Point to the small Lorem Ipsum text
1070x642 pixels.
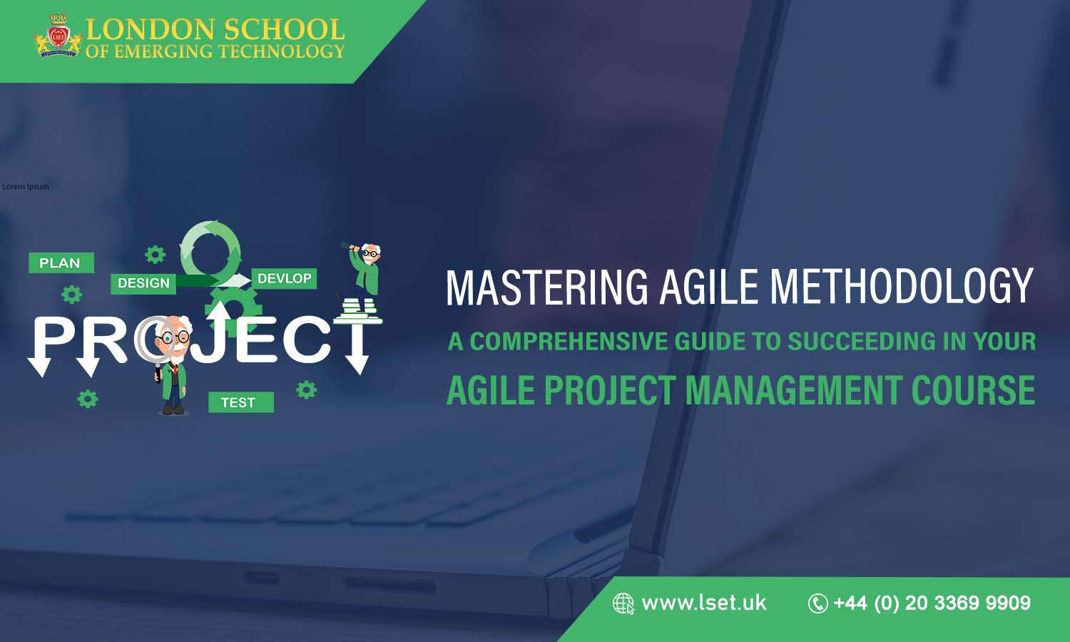pos(26,186)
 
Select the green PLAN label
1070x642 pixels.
pos(61,263)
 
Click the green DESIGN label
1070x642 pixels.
pos(143,283)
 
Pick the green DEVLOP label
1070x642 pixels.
pos(284,278)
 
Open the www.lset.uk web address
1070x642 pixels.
pos(703,603)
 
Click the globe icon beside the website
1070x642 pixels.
pos(623,603)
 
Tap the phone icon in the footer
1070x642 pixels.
pos(817,603)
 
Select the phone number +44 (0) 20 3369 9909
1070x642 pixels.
pos(932,603)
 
